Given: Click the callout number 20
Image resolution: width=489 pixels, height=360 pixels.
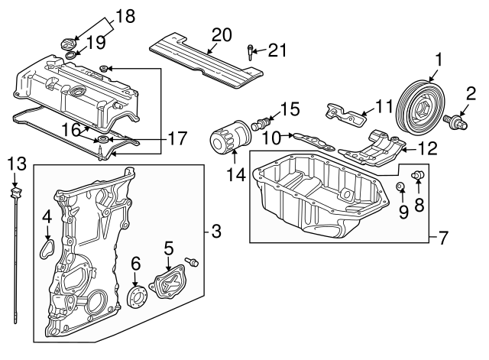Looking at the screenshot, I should pos(221,34).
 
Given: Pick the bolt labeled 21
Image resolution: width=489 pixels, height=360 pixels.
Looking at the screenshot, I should pos(251,53).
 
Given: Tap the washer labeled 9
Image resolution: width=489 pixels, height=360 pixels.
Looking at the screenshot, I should pos(400,187).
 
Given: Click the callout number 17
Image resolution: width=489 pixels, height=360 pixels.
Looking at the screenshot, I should pos(177,140).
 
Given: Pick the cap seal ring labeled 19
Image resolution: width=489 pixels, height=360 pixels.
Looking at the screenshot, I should pos(71,56).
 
